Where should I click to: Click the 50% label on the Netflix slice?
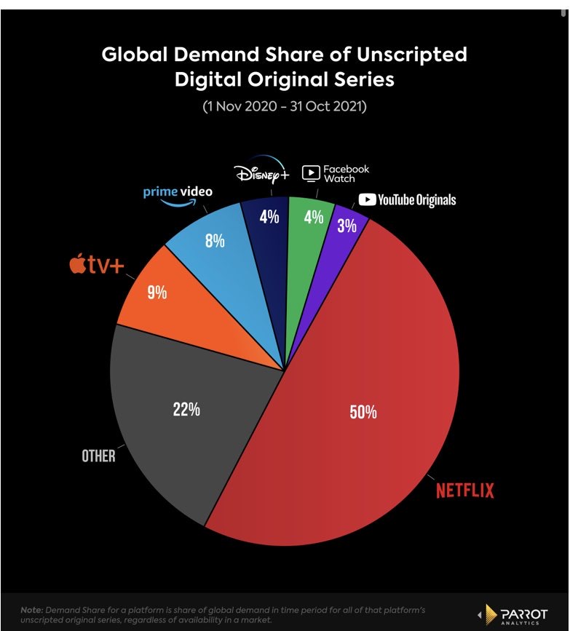[x=363, y=412]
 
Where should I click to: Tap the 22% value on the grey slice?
[x=186, y=409]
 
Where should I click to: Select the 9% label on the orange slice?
[x=157, y=293]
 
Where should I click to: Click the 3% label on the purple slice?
[x=347, y=226]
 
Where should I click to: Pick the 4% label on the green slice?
[x=314, y=216]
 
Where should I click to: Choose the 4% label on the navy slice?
[x=269, y=216]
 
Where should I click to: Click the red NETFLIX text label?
[x=464, y=491]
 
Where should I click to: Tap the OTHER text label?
[x=98, y=456]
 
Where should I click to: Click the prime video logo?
[x=178, y=194]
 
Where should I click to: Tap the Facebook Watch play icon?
[x=310, y=173]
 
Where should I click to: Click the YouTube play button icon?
[x=367, y=199]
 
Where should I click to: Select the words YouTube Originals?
[x=416, y=199]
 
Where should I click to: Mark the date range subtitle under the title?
[x=284, y=106]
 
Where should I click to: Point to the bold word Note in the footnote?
[x=32, y=608]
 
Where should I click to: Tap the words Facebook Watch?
[x=346, y=173]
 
